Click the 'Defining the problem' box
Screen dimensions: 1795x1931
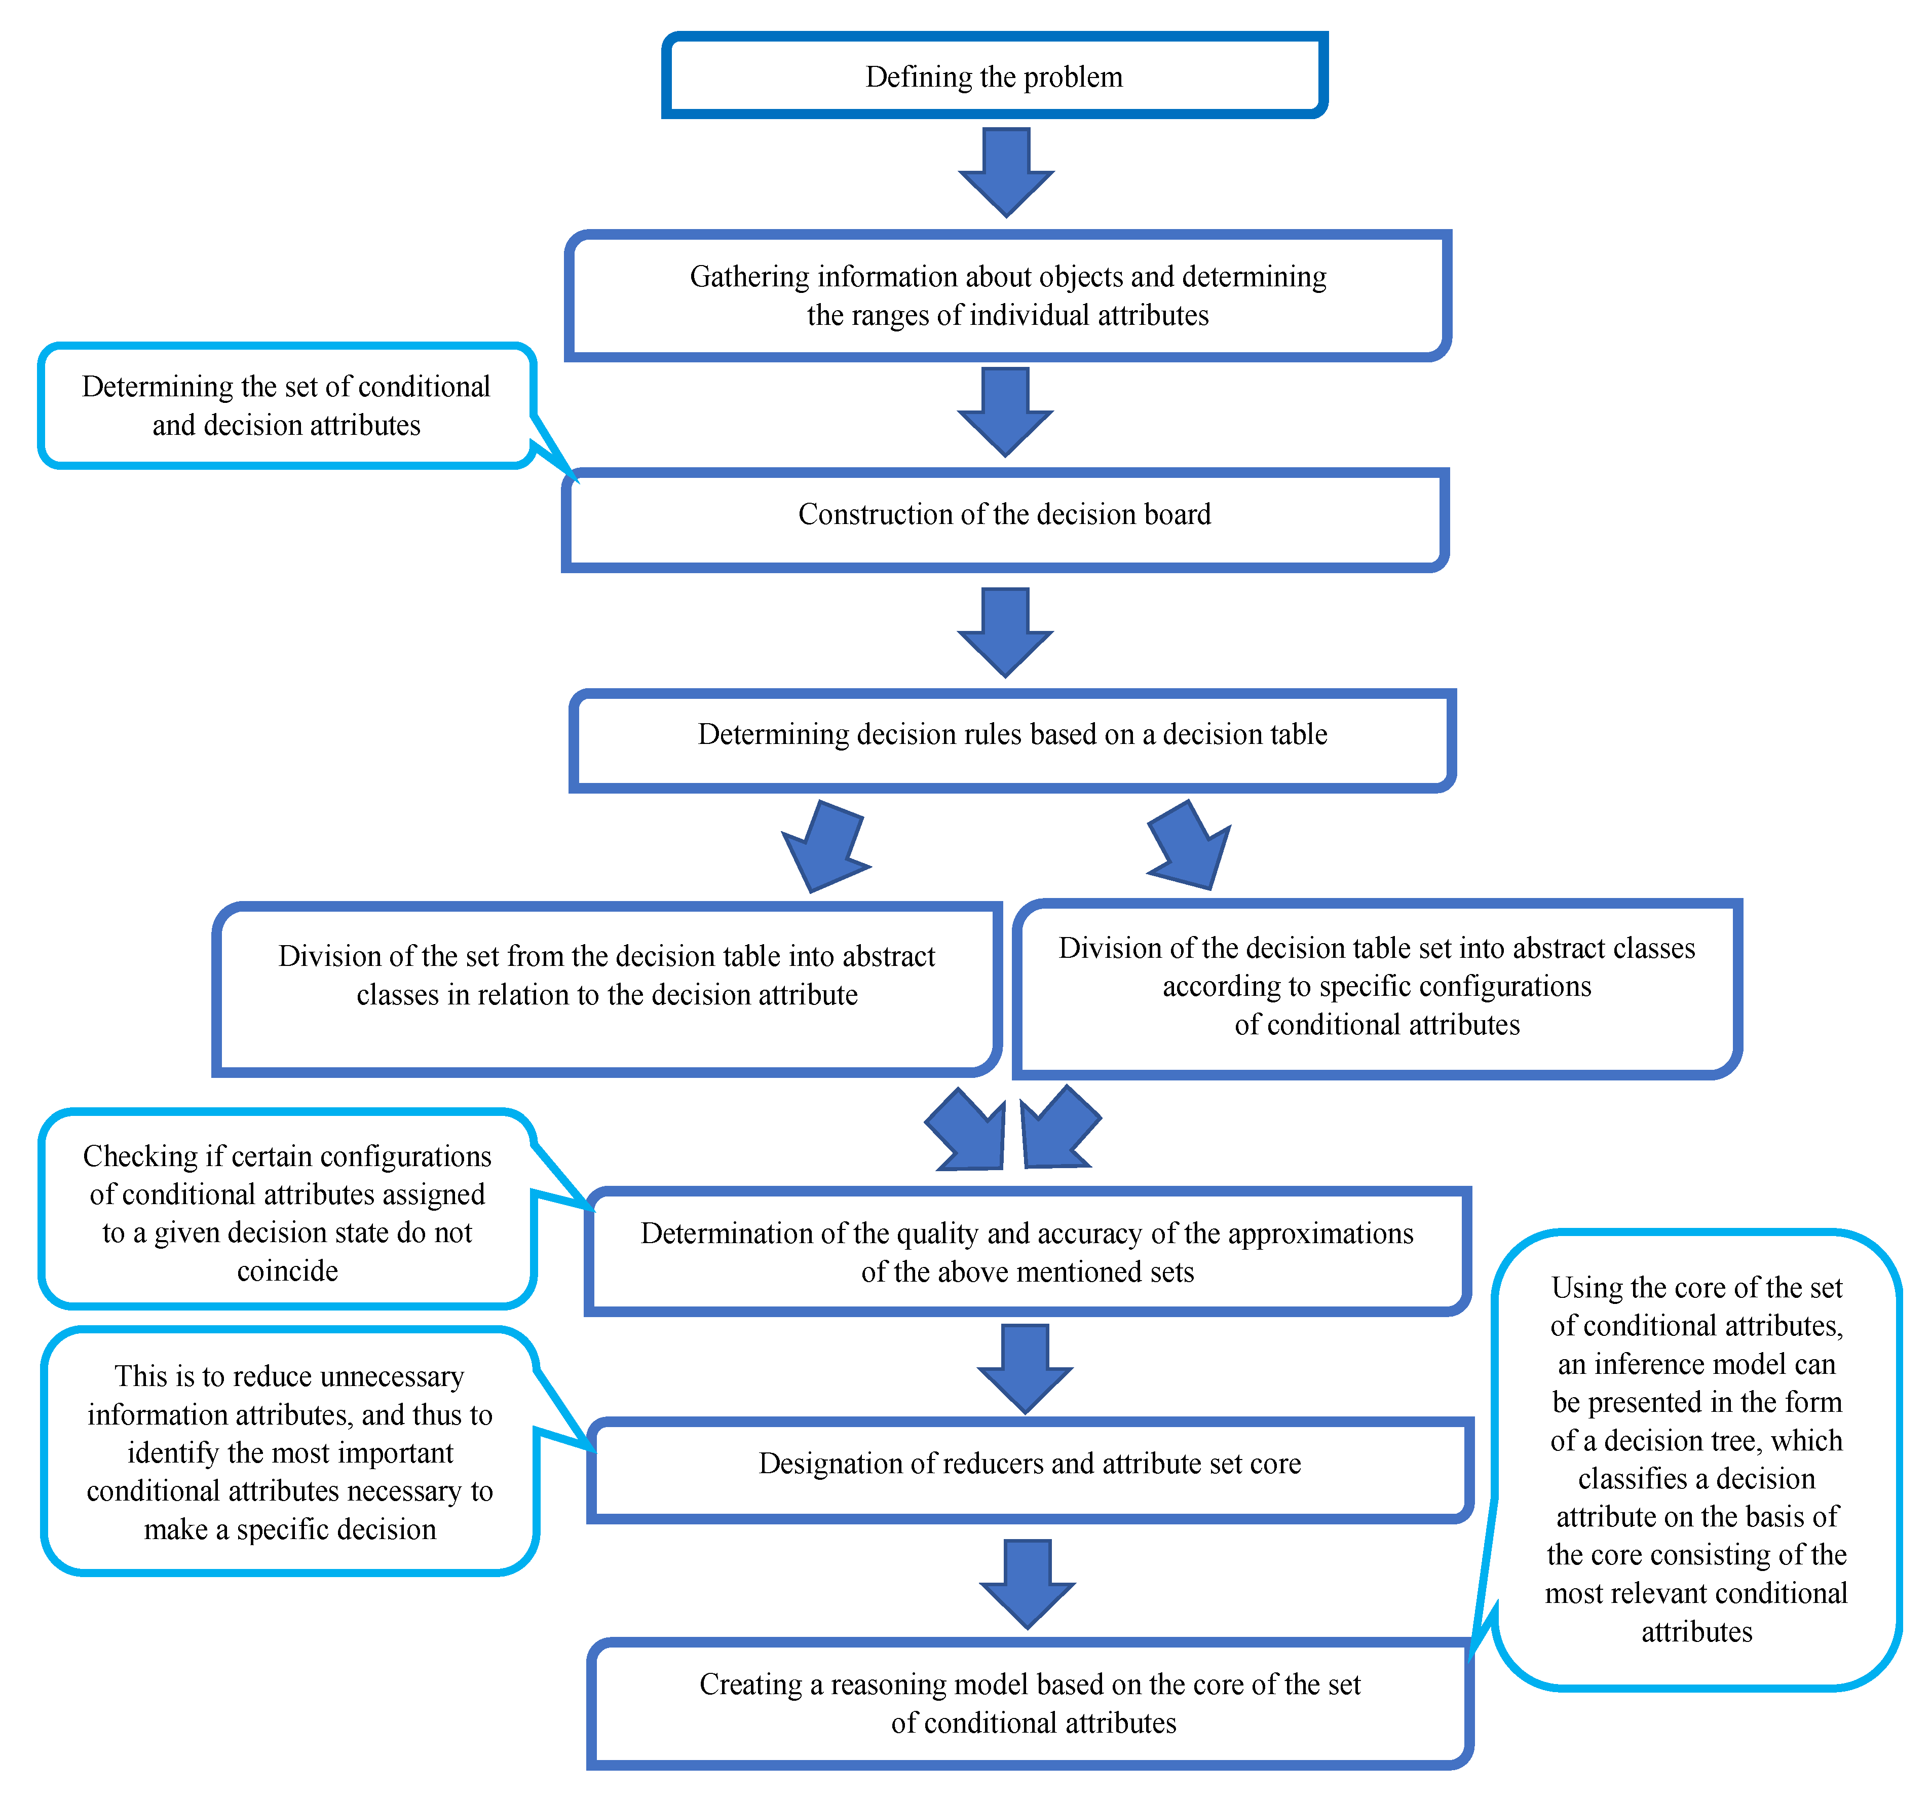point(994,76)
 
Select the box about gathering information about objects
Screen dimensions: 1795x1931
point(1007,295)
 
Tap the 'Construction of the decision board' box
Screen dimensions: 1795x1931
point(1004,515)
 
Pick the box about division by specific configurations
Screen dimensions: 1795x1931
point(1376,987)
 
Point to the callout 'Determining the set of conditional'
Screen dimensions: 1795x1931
point(287,406)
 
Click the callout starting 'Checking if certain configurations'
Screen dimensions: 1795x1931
point(287,1212)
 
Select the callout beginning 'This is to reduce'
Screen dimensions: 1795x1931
point(289,1452)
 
